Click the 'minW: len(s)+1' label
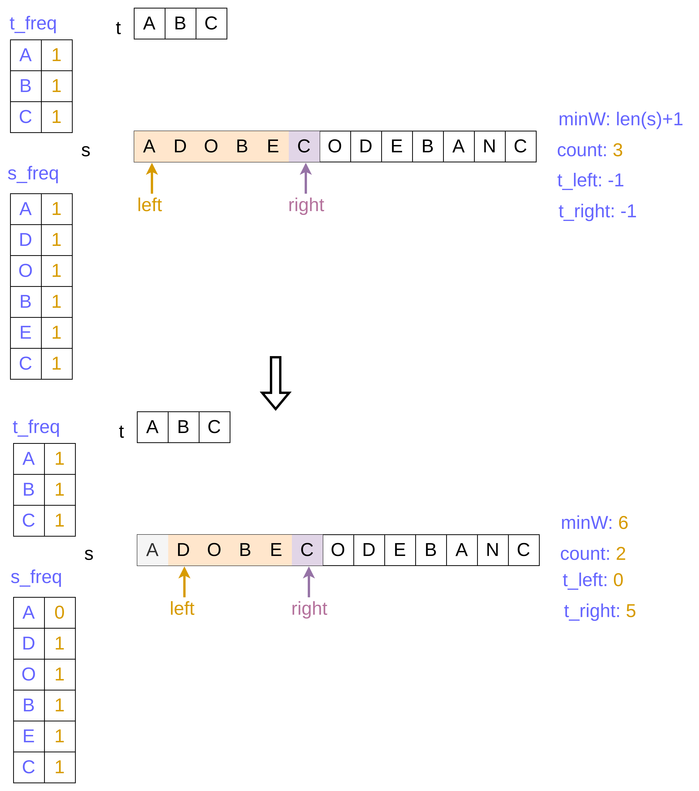[x=621, y=119]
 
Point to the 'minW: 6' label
[x=594, y=523]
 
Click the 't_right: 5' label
[x=599, y=611]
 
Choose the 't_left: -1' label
[x=590, y=180]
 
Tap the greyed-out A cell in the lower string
[x=153, y=550]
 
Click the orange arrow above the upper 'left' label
[x=152, y=178]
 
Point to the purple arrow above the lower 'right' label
[x=309, y=582]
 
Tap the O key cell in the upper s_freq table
[x=26, y=270]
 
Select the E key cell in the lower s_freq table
[x=29, y=736]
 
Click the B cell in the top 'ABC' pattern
[x=180, y=24]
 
